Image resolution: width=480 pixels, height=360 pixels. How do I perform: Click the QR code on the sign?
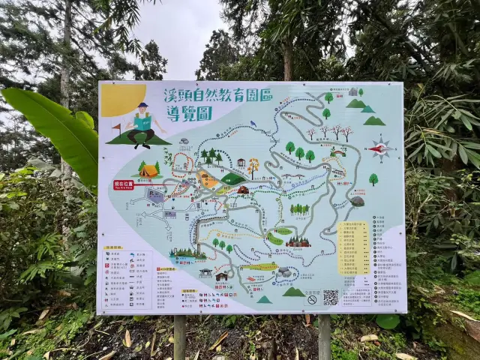[x=331, y=298]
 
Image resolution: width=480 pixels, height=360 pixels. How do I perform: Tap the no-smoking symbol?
[x=312, y=299]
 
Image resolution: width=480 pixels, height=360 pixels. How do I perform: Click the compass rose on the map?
[x=381, y=148]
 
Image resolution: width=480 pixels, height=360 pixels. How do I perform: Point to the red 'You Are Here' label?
[x=124, y=184]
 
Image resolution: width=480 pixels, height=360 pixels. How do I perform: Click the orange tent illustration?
[x=148, y=170]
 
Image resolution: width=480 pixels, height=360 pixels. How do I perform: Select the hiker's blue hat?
[x=142, y=106]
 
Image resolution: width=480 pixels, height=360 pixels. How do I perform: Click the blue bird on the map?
[x=253, y=124]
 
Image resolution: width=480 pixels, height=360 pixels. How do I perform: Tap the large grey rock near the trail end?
[x=358, y=201]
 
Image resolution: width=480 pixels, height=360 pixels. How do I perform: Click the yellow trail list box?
[x=353, y=247]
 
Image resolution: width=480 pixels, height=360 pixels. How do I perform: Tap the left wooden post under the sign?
[x=179, y=337]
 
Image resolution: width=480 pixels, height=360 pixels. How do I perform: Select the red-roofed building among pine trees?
[x=298, y=241]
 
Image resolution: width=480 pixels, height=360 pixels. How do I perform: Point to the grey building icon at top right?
[x=352, y=92]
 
